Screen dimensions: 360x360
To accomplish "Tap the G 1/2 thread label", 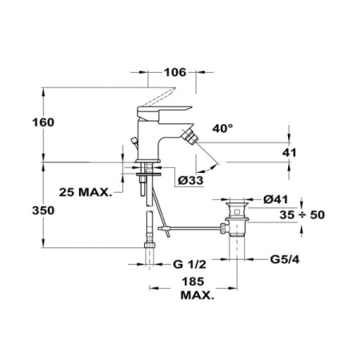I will (x=188, y=263).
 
